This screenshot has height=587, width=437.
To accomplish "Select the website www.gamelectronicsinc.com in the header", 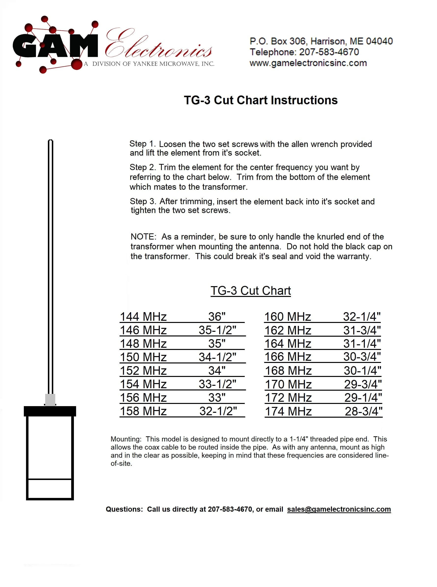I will tap(308, 63).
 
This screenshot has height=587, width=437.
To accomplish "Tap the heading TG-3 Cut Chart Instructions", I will tap(260, 100).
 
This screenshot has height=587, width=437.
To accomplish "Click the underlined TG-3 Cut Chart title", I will tap(250, 291).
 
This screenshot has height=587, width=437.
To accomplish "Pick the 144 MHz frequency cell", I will tap(143, 317).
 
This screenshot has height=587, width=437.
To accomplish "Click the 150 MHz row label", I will tap(143, 357).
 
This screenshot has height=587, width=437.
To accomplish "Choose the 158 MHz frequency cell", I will tap(143, 411).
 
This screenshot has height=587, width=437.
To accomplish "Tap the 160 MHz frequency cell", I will tap(287, 317).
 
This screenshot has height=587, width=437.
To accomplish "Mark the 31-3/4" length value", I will tap(362, 330).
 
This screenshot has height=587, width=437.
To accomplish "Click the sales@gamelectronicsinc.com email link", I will tap(339, 509).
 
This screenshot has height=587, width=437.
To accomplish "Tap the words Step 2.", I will tap(142, 167).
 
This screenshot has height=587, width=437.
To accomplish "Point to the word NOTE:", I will tap(143, 237).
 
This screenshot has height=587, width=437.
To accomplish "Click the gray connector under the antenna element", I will tap(50, 400).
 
